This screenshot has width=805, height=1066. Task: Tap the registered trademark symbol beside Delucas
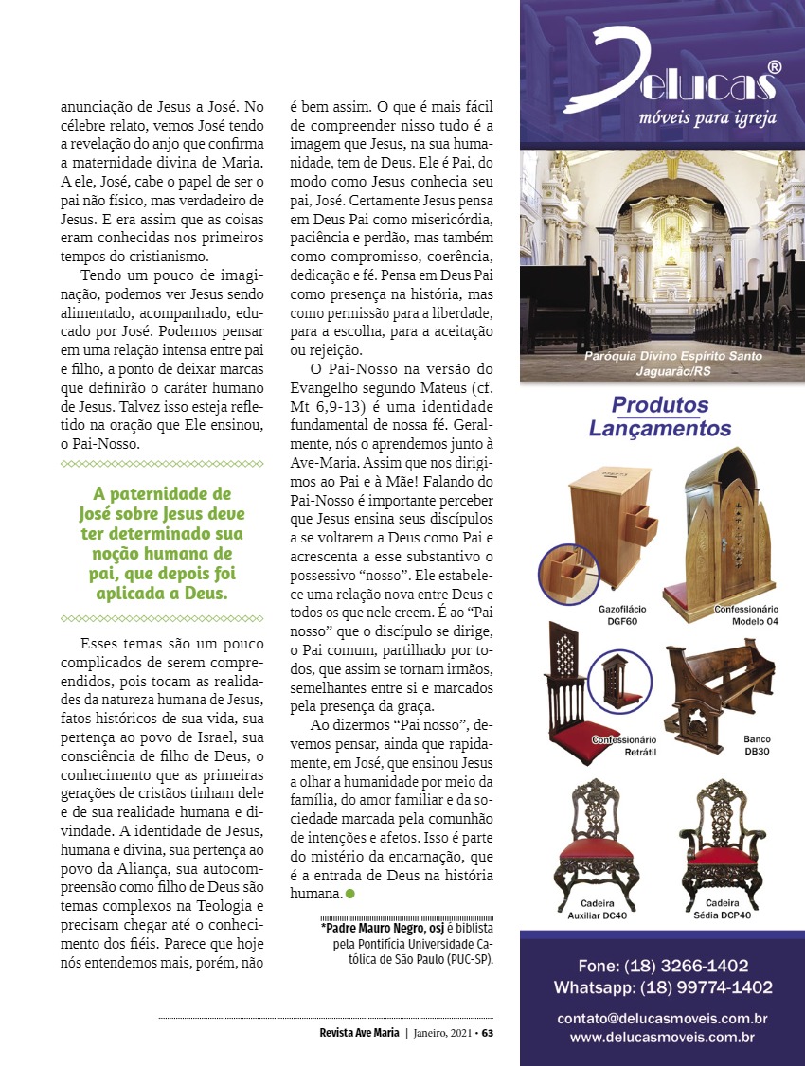pos(774,67)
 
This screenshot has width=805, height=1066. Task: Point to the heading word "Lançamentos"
pos(660,429)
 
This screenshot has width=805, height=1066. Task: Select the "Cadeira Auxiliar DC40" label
pos(597,911)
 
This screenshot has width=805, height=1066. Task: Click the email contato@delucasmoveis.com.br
pos(662,1019)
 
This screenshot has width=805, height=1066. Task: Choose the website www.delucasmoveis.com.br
pos(662,1038)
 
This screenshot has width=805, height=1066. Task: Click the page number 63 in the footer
pos(488,1033)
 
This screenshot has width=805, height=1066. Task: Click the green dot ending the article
pos(350,894)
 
